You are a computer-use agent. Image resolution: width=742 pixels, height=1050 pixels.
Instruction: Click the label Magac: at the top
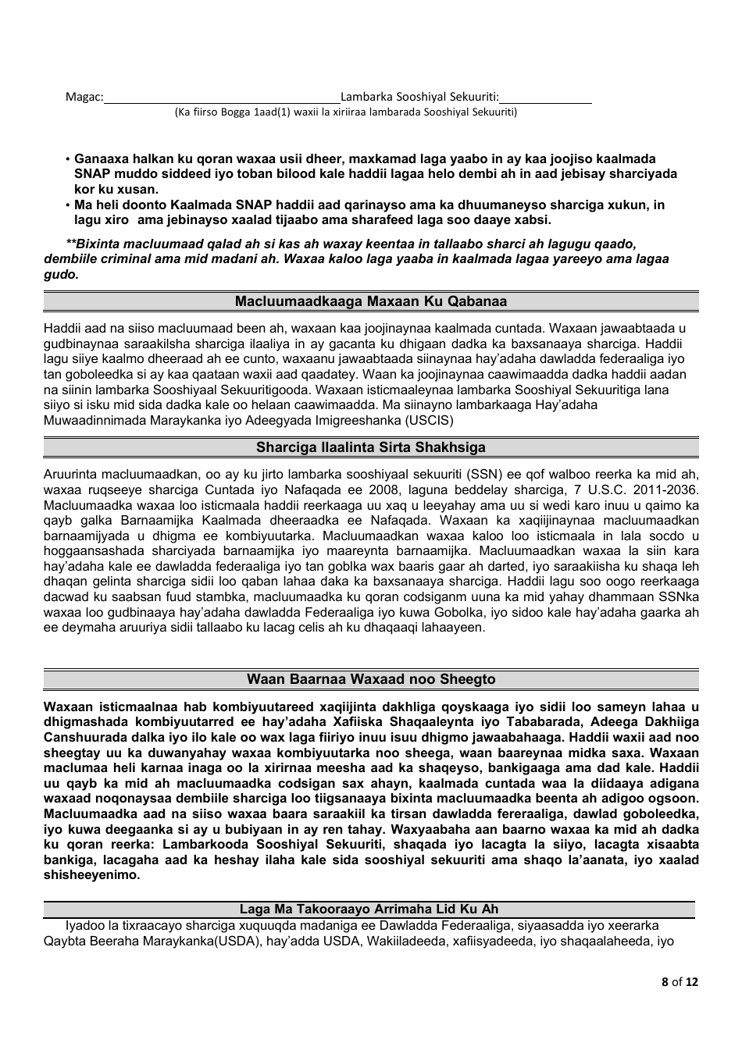(84, 97)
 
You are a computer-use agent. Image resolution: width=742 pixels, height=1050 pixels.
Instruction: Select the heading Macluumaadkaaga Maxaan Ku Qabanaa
(371, 301)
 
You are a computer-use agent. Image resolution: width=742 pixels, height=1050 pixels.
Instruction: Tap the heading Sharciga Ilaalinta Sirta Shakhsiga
(371, 447)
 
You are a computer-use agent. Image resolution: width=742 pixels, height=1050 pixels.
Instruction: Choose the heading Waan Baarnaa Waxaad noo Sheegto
(371, 679)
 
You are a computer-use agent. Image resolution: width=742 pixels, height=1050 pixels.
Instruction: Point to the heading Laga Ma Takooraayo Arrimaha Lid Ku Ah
(369, 909)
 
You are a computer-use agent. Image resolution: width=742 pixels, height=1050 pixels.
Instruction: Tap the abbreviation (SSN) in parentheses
(487, 475)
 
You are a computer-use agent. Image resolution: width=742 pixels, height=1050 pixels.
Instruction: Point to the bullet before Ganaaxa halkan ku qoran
(68, 159)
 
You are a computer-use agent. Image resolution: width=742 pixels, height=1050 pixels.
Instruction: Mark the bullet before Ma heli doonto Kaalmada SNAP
(68, 205)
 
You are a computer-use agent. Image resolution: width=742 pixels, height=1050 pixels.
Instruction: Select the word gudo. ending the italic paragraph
(61, 275)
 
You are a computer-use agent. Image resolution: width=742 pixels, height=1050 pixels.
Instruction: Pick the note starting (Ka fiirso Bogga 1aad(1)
(345, 112)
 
